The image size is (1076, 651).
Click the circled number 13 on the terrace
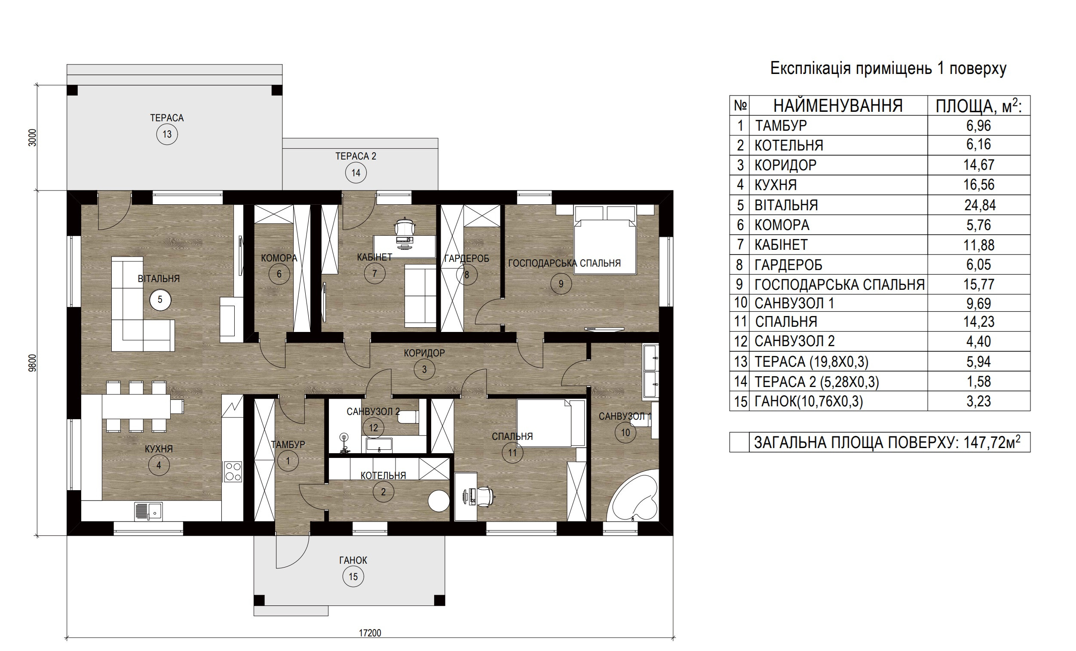tap(167, 134)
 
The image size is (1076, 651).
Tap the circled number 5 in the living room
tap(160, 300)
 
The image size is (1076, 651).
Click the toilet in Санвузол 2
tap(408, 417)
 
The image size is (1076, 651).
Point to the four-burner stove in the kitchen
tap(233, 471)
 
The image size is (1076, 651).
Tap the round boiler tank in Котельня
tap(438, 501)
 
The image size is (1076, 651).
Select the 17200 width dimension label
tap(370, 633)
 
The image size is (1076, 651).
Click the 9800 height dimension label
tap(32, 363)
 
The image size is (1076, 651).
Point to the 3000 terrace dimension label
tap(32, 137)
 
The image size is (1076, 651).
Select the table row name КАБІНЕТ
tap(781, 245)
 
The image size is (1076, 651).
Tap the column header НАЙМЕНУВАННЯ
tap(837, 106)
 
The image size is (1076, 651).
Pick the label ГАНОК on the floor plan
tap(353, 560)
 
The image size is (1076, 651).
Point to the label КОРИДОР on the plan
tap(424, 353)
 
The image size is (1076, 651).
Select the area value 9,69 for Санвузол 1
tap(978, 303)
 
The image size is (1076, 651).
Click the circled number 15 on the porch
tap(353, 577)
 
